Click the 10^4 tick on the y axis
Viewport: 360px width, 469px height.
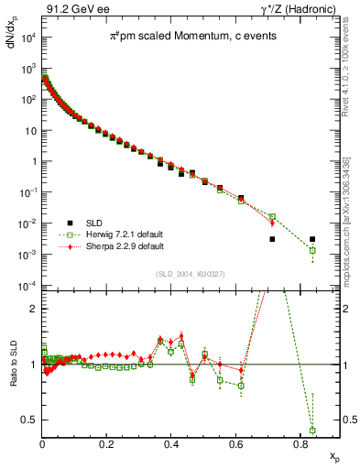(29, 38)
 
